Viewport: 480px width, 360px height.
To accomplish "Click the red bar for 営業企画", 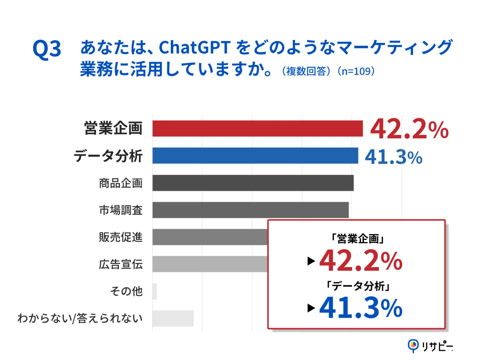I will [257, 129].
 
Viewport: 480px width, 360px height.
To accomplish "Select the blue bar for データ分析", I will [255, 155].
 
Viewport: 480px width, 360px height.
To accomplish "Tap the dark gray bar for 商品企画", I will [253, 183].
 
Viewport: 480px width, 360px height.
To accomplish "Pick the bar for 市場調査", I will [250, 210].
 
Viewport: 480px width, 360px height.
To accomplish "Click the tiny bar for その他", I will [154, 291].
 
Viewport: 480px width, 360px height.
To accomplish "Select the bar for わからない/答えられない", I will [173, 318].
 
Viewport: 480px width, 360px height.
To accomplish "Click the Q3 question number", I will [47, 49].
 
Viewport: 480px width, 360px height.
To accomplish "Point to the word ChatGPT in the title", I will [195, 47].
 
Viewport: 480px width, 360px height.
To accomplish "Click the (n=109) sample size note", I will [356, 71].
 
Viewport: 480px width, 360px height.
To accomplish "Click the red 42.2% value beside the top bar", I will [409, 129].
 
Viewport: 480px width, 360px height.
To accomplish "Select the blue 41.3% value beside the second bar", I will [393, 157].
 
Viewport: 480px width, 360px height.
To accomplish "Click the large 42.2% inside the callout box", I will [360, 261].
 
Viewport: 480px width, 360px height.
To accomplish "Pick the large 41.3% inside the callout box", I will [360, 308].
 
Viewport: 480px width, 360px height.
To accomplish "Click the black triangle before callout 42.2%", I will [311, 261].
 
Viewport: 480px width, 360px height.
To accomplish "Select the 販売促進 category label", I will [121, 237].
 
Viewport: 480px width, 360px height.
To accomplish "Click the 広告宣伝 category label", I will [121, 264].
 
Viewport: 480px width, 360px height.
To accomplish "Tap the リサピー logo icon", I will [413, 346].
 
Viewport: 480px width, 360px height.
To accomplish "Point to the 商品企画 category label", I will [121, 183].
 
